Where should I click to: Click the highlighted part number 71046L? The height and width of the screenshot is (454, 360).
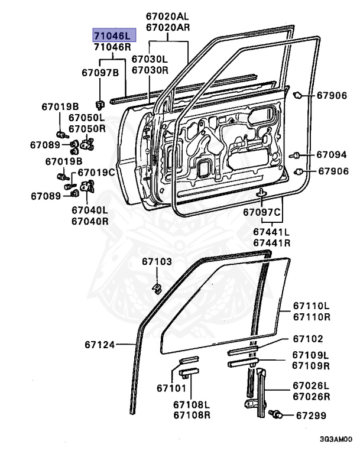pos(113,35)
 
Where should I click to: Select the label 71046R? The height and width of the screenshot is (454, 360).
pos(112,47)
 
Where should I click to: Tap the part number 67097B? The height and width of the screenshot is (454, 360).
pos(100,73)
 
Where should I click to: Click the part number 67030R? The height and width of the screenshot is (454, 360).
pos(150,70)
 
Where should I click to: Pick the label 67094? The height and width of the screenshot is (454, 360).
pos(331,155)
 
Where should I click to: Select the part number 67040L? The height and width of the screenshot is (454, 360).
pos(90,210)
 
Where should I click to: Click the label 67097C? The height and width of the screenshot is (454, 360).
pos(262,212)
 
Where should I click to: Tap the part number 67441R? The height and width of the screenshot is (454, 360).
pos(271,243)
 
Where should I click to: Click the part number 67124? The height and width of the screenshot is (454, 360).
pos(99,343)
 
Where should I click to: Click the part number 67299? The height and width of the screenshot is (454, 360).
pos(311,415)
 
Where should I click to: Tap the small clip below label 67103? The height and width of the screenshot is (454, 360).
pos(158,288)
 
